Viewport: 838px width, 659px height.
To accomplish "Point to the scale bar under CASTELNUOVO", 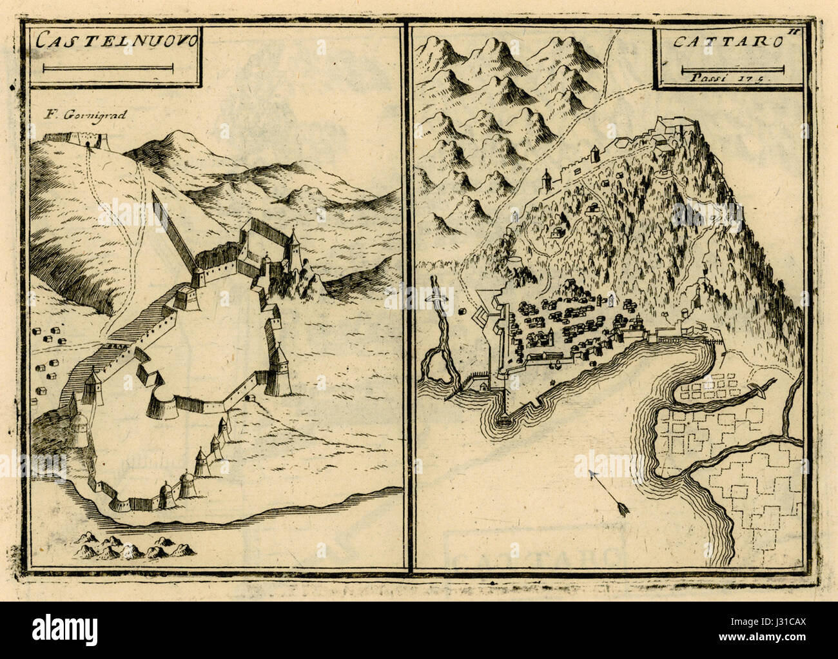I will [x=108, y=67].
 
